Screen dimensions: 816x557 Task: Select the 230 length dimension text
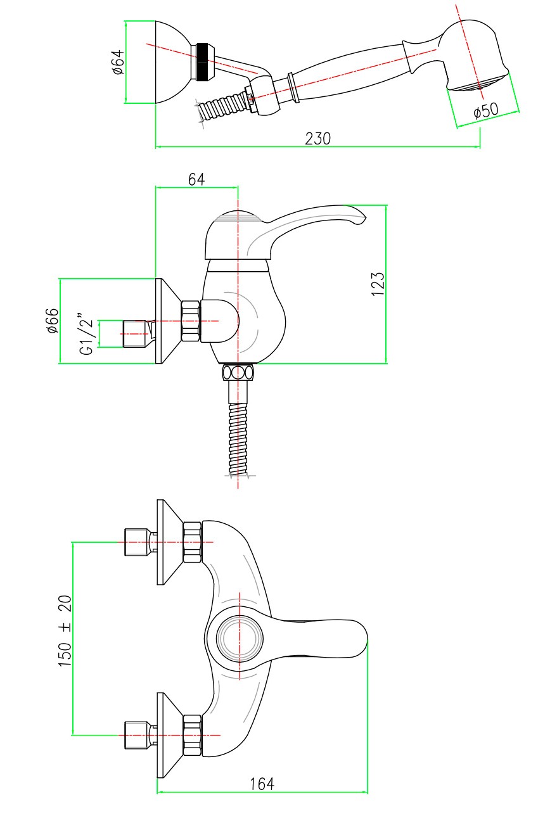[317, 138]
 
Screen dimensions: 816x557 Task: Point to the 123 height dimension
[378, 284]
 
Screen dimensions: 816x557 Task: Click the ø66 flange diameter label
[52, 321]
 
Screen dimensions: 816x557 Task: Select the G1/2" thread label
[86, 333]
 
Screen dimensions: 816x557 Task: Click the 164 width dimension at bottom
[262, 784]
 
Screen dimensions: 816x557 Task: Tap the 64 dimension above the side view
[196, 179]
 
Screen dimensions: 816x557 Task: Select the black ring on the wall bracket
[203, 62]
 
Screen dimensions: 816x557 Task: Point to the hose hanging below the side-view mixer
[238, 437]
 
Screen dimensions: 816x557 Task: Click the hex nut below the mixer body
[238, 372]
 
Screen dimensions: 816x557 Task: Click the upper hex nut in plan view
[192, 542]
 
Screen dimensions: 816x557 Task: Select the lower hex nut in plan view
[192, 735]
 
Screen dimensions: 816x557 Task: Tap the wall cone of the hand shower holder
[172, 62]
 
